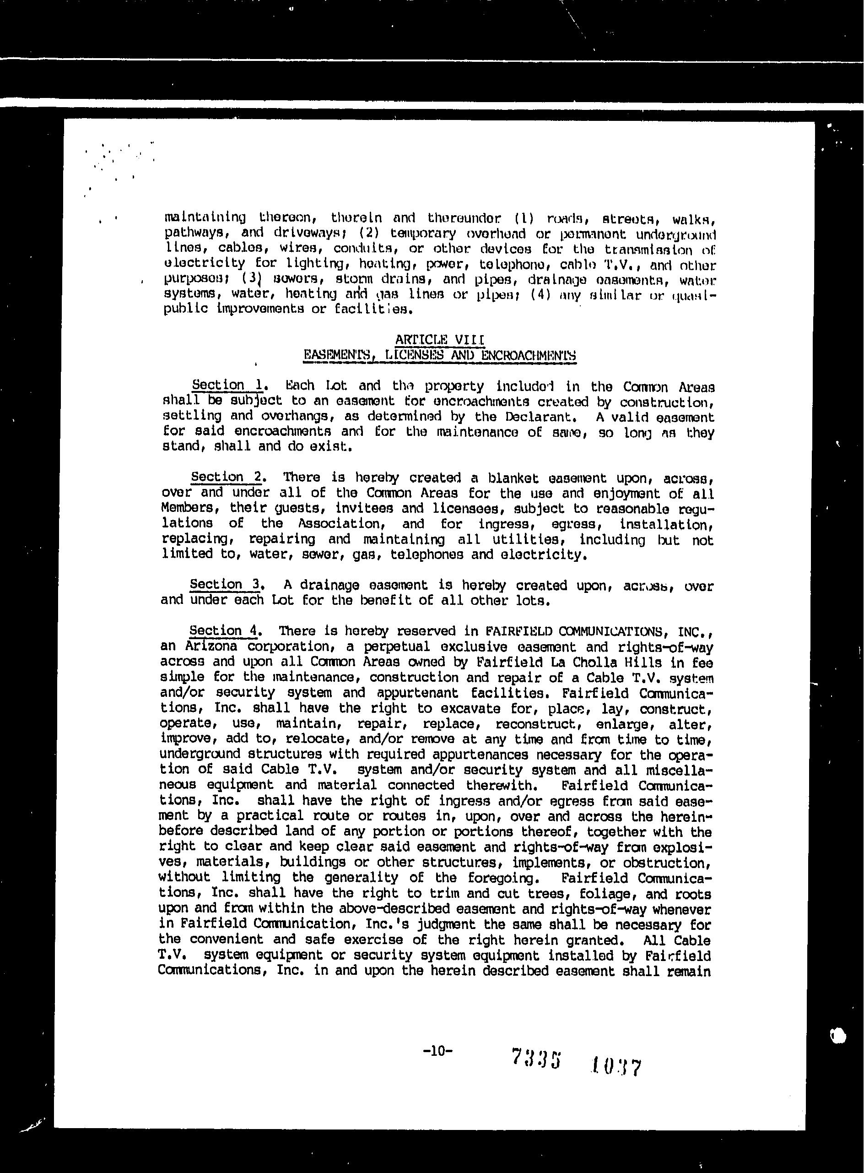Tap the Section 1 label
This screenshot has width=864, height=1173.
227,385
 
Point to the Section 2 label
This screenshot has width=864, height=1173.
226,477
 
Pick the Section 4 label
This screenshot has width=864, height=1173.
224,630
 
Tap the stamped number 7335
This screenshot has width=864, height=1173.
536,1058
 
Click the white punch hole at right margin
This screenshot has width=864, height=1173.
838,1035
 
